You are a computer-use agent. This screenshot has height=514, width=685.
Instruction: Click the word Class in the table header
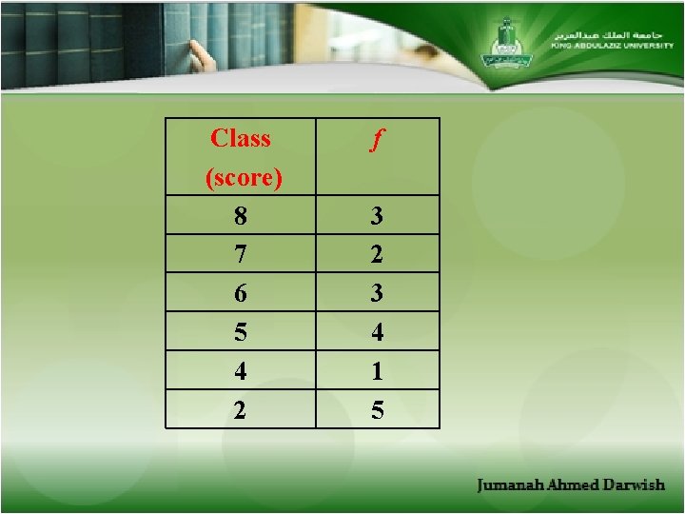pos(241,139)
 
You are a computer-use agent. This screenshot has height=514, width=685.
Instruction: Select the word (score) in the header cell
pos(244,178)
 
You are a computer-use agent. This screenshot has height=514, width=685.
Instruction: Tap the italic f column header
pos(377,141)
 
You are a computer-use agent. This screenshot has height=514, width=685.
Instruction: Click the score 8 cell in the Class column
pos(241,216)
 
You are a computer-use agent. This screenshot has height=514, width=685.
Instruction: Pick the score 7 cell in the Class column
pos(241,255)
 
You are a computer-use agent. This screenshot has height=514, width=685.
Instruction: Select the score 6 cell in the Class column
pos(241,294)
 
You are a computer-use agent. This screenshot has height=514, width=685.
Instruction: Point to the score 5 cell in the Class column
pos(241,333)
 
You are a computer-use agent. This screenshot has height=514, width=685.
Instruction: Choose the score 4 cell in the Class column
pos(241,371)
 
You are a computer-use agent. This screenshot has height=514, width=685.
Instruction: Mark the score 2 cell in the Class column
pos(241,410)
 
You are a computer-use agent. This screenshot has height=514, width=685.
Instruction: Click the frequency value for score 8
pos(378,216)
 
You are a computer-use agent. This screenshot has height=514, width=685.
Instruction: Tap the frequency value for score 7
pos(378,255)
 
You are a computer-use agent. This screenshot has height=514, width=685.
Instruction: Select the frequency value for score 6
pos(378,294)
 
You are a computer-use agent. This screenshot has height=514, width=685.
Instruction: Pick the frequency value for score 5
pos(378,333)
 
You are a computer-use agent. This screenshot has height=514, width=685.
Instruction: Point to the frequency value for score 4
pos(378,371)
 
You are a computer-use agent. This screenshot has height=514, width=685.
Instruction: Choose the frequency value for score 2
pos(378,410)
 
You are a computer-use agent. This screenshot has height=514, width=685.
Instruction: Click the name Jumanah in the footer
pos(510,485)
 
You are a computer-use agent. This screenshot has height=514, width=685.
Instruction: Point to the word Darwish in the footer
pos(633,485)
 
